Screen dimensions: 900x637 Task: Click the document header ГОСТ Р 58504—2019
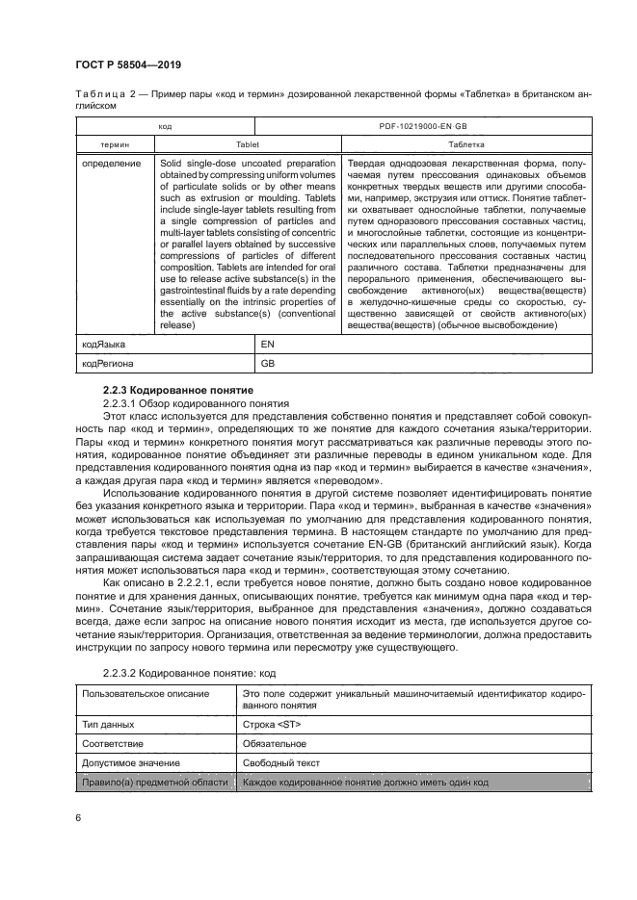click(x=128, y=64)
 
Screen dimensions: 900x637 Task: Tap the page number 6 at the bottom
click(x=77, y=816)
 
